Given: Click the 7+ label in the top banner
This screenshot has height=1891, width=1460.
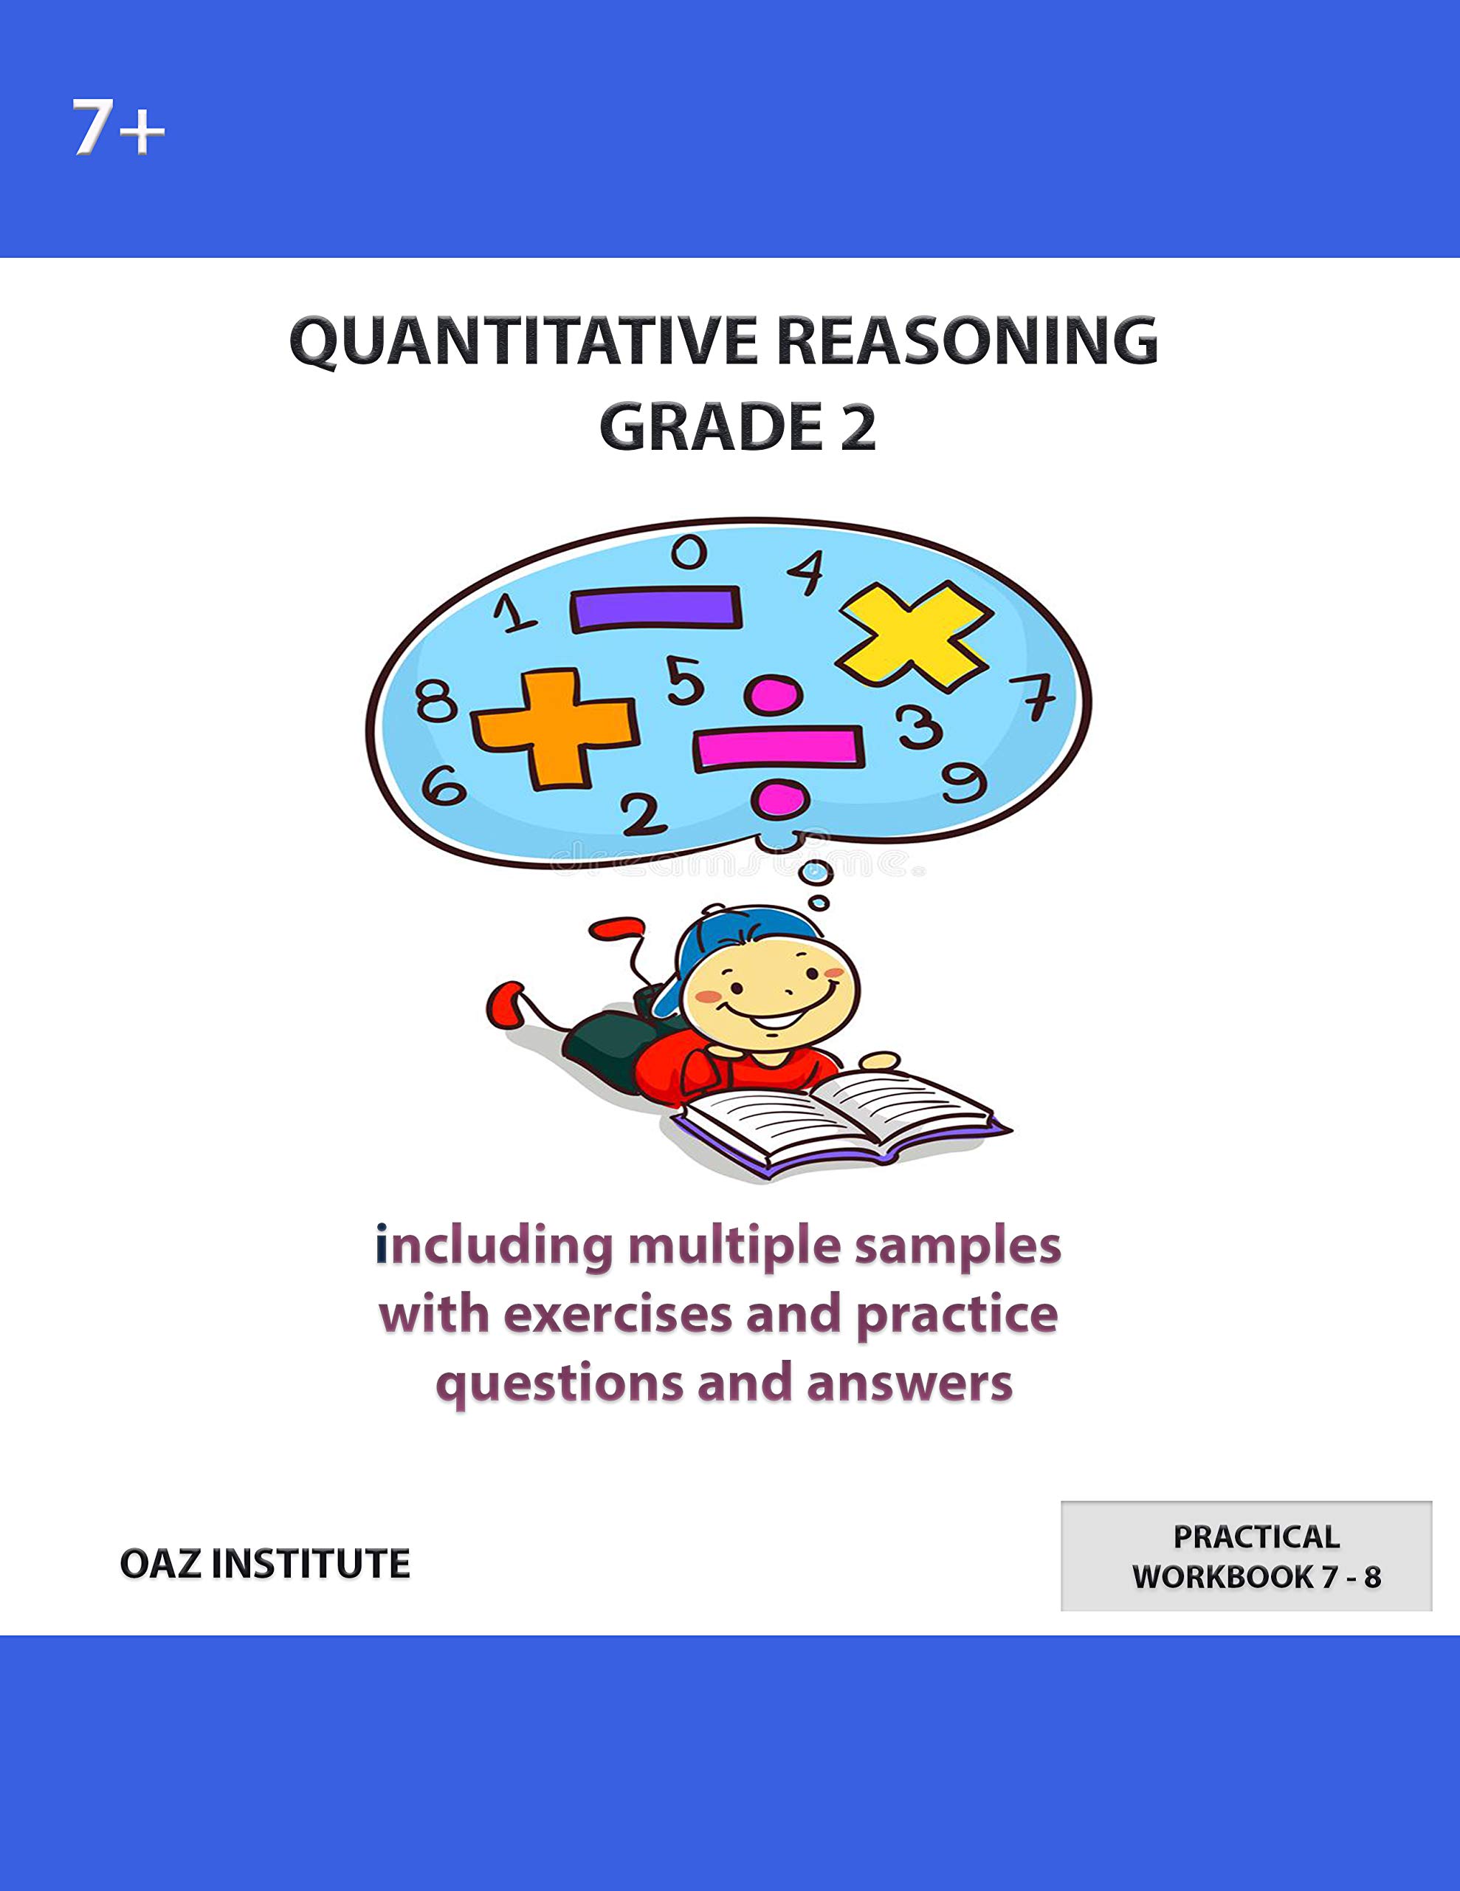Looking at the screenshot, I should pos(117,128).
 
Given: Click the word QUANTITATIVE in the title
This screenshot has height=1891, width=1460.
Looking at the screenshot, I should pos(523,341).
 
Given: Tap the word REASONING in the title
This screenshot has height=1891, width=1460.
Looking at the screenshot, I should pos(967,341).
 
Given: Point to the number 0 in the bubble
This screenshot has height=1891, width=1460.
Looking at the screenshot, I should pos(689,552).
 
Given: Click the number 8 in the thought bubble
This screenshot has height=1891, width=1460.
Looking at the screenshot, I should pos(436,700).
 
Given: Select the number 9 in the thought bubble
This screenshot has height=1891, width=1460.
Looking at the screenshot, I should pos(963,783).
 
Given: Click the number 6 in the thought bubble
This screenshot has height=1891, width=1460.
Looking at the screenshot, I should pos(443,786).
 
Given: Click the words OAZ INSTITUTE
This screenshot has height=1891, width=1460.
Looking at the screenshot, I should pos(265,1564).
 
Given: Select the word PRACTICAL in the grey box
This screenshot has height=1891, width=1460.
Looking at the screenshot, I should pos(1256,1537).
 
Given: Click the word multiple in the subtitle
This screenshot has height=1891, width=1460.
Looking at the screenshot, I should pos(734,1248).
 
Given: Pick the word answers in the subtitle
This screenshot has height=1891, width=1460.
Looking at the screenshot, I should pos(909,1383).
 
